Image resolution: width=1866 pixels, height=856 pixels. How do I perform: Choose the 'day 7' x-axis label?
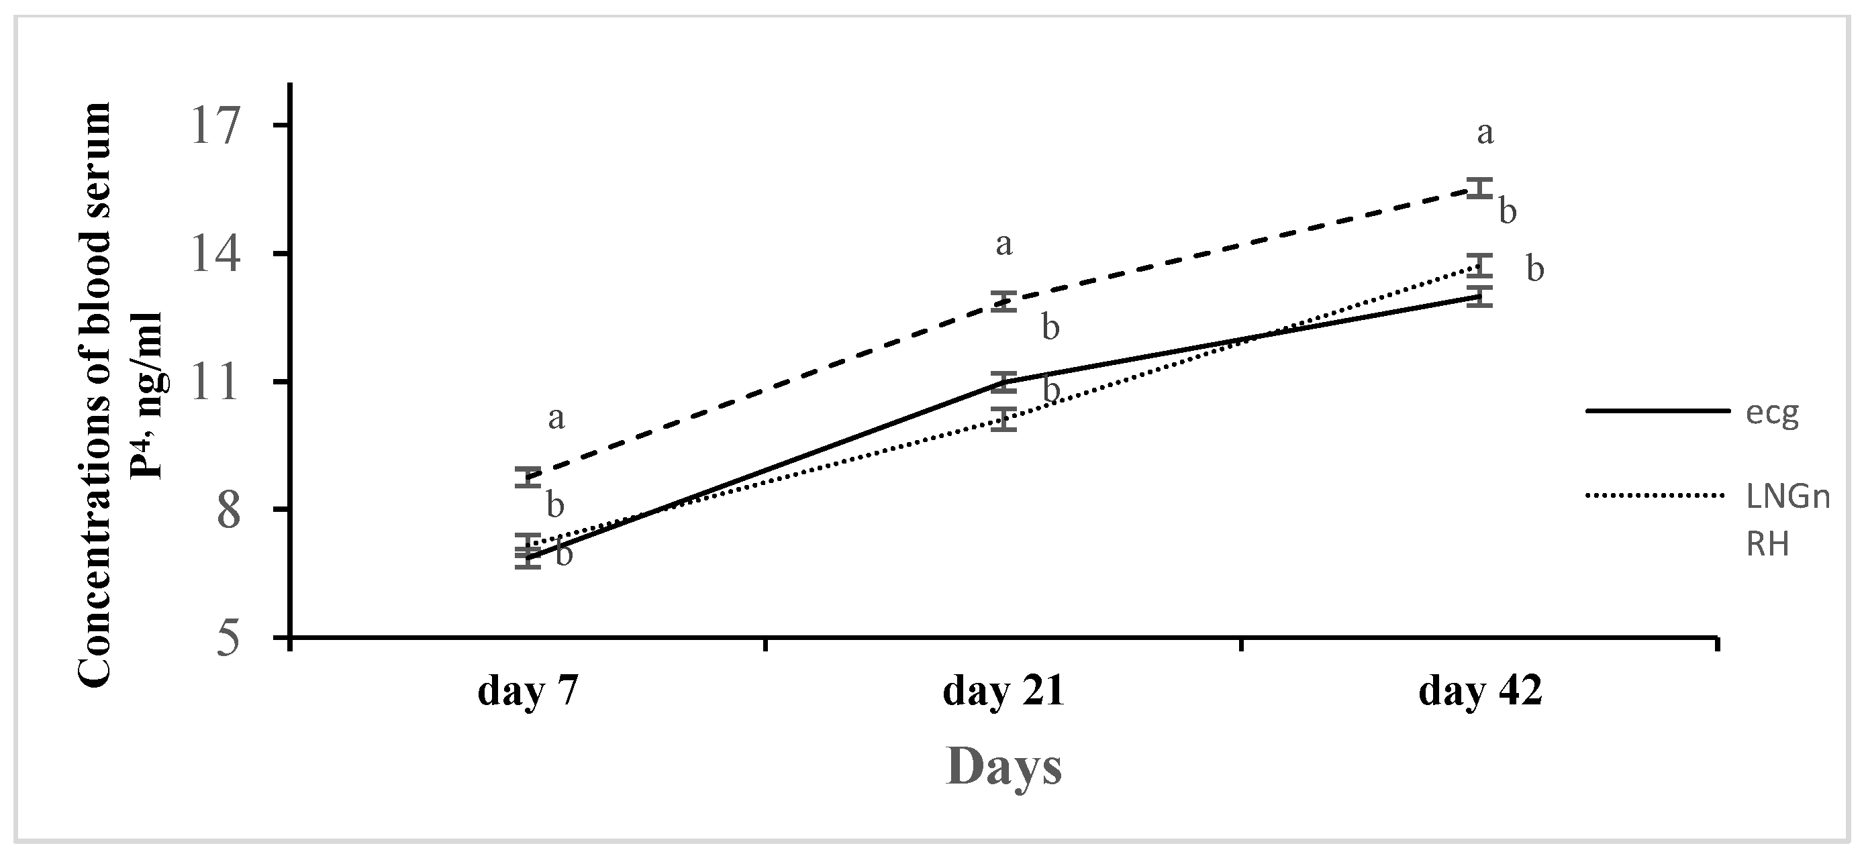coord(528,692)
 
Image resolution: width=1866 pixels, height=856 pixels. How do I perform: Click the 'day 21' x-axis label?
coord(1003,692)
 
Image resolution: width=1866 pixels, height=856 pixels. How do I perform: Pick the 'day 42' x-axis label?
coord(1480,692)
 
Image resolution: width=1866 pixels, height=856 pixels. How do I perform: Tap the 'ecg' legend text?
coord(1772,413)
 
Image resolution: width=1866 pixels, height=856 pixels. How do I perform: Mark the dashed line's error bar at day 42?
coord(1480,189)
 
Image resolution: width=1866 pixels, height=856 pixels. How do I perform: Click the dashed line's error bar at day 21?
coord(1004,301)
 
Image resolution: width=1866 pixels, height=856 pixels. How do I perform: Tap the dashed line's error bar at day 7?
coord(528,477)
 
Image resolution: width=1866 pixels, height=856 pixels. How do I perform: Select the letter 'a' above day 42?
coord(1485,133)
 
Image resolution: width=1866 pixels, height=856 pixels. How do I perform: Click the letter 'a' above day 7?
coord(556,418)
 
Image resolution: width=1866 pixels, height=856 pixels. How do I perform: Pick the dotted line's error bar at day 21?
coord(1004,419)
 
